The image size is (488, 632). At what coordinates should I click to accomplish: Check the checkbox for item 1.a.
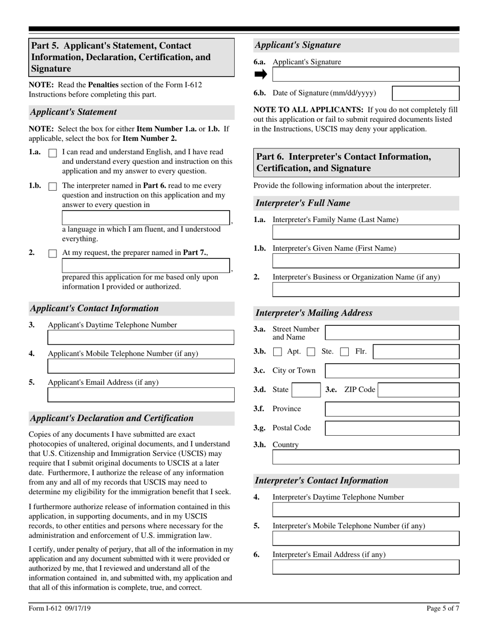52,153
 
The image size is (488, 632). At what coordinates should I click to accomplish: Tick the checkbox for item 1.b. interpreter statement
52,187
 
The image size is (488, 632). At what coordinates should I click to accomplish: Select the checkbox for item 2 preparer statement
52,254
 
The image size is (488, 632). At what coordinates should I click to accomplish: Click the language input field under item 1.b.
146,218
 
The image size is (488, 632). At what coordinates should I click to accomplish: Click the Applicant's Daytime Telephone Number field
141,338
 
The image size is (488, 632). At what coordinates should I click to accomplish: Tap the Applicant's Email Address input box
141,395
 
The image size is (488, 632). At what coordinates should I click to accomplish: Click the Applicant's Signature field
366,75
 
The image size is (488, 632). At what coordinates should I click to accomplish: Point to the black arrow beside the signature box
261,75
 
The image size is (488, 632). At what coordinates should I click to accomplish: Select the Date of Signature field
425,93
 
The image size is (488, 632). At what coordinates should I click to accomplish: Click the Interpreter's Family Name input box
366,232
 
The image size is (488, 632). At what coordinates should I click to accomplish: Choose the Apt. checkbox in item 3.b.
277,352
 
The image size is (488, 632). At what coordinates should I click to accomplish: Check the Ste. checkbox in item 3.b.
311,352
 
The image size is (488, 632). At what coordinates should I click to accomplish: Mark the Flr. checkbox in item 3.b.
345,352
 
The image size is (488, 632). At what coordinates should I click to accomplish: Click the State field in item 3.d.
306,390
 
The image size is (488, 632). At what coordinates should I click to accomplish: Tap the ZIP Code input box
419,390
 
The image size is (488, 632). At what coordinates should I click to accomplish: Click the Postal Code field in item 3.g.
392,428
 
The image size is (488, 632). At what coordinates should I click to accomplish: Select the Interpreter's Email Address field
366,567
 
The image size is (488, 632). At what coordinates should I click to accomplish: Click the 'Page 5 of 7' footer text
443,609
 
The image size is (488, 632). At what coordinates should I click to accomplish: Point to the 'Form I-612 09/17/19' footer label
60,609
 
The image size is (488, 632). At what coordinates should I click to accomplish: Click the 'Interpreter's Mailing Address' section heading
314,313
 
